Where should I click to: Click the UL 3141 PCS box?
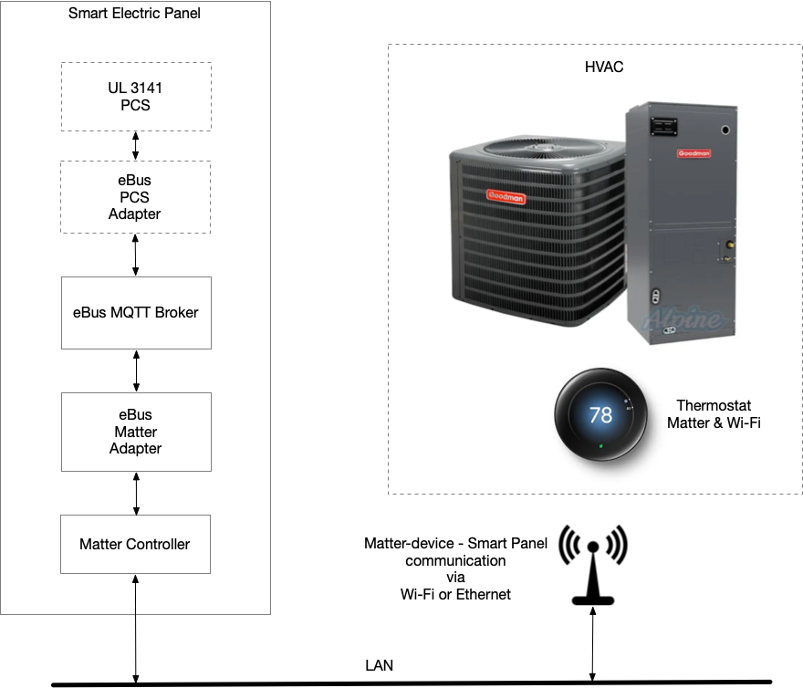click(x=136, y=96)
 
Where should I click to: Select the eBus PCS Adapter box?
click(x=136, y=197)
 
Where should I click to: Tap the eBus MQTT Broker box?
click(x=136, y=312)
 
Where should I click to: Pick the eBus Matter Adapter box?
click(x=136, y=432)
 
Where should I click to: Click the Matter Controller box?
click(x=135, y=544)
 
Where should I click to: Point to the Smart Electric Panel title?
click(x=134, y=14)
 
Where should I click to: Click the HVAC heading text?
click(x=604, y=68)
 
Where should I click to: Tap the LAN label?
click(x=379, y=666)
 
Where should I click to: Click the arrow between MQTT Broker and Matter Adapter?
click(x=136, y=370)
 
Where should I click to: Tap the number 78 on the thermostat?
click(x=600, y=415)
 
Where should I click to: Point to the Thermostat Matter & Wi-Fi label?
click(x=714, y=414)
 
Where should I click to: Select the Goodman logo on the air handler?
click(x=693, y=153)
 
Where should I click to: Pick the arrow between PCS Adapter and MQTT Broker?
click(x=136, y=255)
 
